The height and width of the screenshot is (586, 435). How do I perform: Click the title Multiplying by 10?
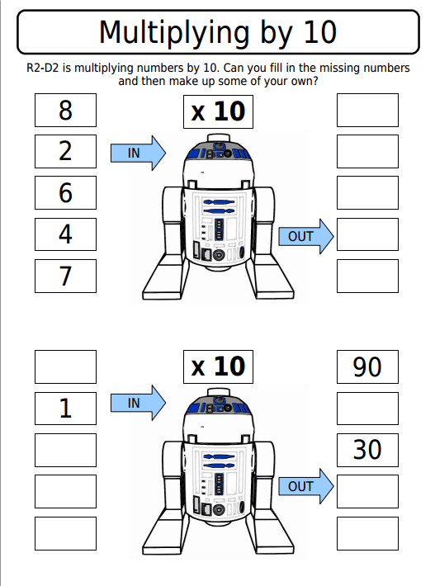pos(217,32)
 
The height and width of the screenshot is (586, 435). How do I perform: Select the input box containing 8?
pos(65,110)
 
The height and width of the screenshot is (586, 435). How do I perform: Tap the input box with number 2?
pos(65,151)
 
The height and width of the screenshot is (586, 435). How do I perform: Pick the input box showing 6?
pos(65,192)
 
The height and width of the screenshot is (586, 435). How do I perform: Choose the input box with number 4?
pos(65,234)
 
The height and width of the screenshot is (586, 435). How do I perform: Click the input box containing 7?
pos(65,276)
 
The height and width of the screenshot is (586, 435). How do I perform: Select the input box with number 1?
pos(65,408)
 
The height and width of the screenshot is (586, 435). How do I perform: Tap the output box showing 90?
pos(367,366)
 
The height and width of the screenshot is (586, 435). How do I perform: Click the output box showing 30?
pos(367,450)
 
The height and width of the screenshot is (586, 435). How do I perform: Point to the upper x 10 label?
pos(217,112)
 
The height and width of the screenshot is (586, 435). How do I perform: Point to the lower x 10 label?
pos(217,366)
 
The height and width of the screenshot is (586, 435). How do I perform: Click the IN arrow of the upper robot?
pos(138,153)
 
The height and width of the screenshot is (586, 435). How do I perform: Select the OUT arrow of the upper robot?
pos(305,237)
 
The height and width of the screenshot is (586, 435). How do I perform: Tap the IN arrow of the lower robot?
pos(138,403)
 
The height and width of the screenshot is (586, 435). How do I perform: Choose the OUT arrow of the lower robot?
pos(305,487)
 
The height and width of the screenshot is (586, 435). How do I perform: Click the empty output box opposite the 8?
pos(367,110)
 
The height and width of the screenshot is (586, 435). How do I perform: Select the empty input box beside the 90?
pos(65,366)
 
